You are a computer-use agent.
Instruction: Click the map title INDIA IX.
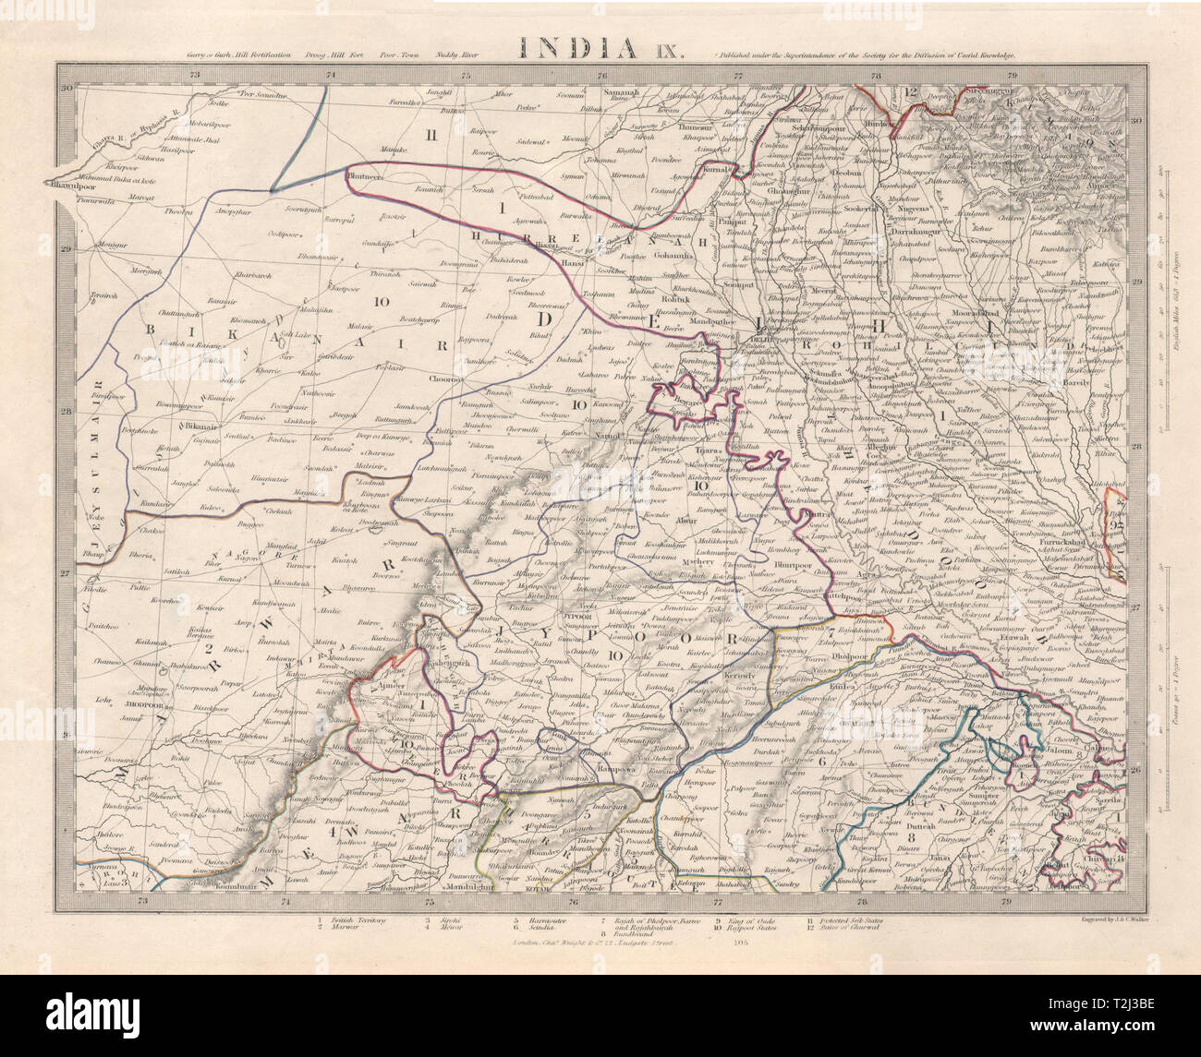click(x=600, y=48)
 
